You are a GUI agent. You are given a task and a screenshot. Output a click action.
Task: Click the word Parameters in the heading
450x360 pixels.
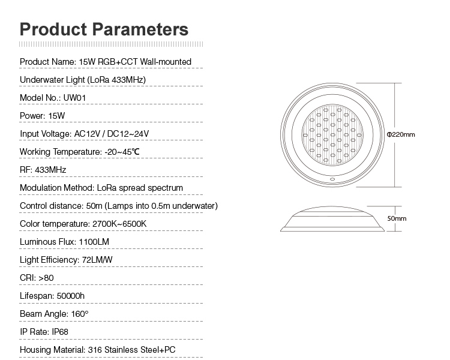[x=140, y=29]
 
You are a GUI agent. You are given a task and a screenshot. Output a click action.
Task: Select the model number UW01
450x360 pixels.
[x=74, y=98]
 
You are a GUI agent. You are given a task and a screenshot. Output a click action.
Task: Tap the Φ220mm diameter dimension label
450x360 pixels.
[x=401, y=134]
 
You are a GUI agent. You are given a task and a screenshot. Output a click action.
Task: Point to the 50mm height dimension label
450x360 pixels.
[x=397, y=218]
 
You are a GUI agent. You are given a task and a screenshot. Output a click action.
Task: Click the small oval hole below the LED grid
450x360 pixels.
[x=332, y=179]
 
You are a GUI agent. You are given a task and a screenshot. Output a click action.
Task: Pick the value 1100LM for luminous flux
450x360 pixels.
[x=94, y=242]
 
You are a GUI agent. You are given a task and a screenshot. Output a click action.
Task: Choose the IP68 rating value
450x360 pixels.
[x=60, y=332]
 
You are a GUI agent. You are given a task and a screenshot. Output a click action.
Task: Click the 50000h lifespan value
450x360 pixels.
[x=71, y=296]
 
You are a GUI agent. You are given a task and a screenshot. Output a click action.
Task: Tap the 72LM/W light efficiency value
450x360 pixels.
[x=97, y=260]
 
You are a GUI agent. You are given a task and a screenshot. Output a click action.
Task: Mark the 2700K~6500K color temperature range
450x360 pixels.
[x=119, y=224]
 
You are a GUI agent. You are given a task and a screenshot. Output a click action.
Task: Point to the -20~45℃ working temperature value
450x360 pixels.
[x=122, y=152]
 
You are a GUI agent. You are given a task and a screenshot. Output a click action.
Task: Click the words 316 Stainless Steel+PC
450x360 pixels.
[x=132, y=350]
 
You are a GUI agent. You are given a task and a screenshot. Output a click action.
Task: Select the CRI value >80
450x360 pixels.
[x=46, y=278]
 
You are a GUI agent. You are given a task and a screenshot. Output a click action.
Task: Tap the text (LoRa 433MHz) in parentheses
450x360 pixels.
[x=116, y=80]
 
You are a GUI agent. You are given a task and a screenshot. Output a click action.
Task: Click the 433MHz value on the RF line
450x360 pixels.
[x=50, y=170]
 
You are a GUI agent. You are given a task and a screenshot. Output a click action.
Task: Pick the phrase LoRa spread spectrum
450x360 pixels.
[x=140, y=188]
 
